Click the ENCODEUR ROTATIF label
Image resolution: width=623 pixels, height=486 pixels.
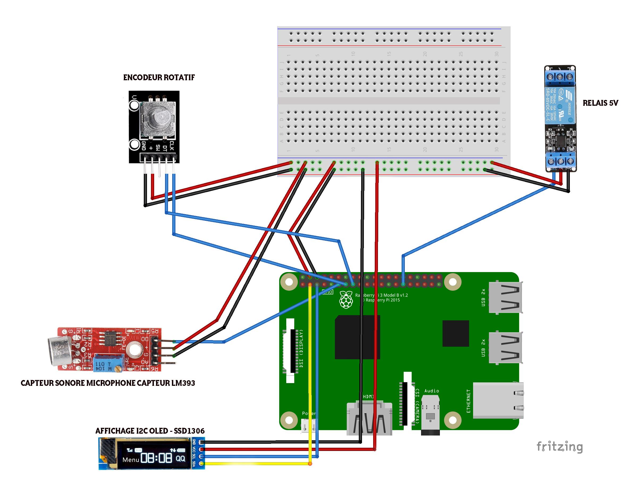[x=159, y=78]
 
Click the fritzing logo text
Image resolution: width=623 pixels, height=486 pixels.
[x=559, y=447]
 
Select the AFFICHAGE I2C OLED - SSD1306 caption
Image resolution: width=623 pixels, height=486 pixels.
[x=150, y=431]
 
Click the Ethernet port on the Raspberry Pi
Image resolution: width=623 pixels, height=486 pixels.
[x=498, y=400]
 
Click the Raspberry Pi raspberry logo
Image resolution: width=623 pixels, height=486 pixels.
[x=346, y=300]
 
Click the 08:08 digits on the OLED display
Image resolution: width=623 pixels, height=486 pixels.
[x=157, y=458]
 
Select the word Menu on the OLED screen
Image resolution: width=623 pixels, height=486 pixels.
[x=131, y=459]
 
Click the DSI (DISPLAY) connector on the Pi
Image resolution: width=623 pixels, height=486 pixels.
[x=291, y=350]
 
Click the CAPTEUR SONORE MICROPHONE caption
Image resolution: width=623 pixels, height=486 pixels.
[x=108, y=383]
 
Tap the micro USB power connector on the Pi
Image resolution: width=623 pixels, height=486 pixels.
[x=308, y=425]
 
